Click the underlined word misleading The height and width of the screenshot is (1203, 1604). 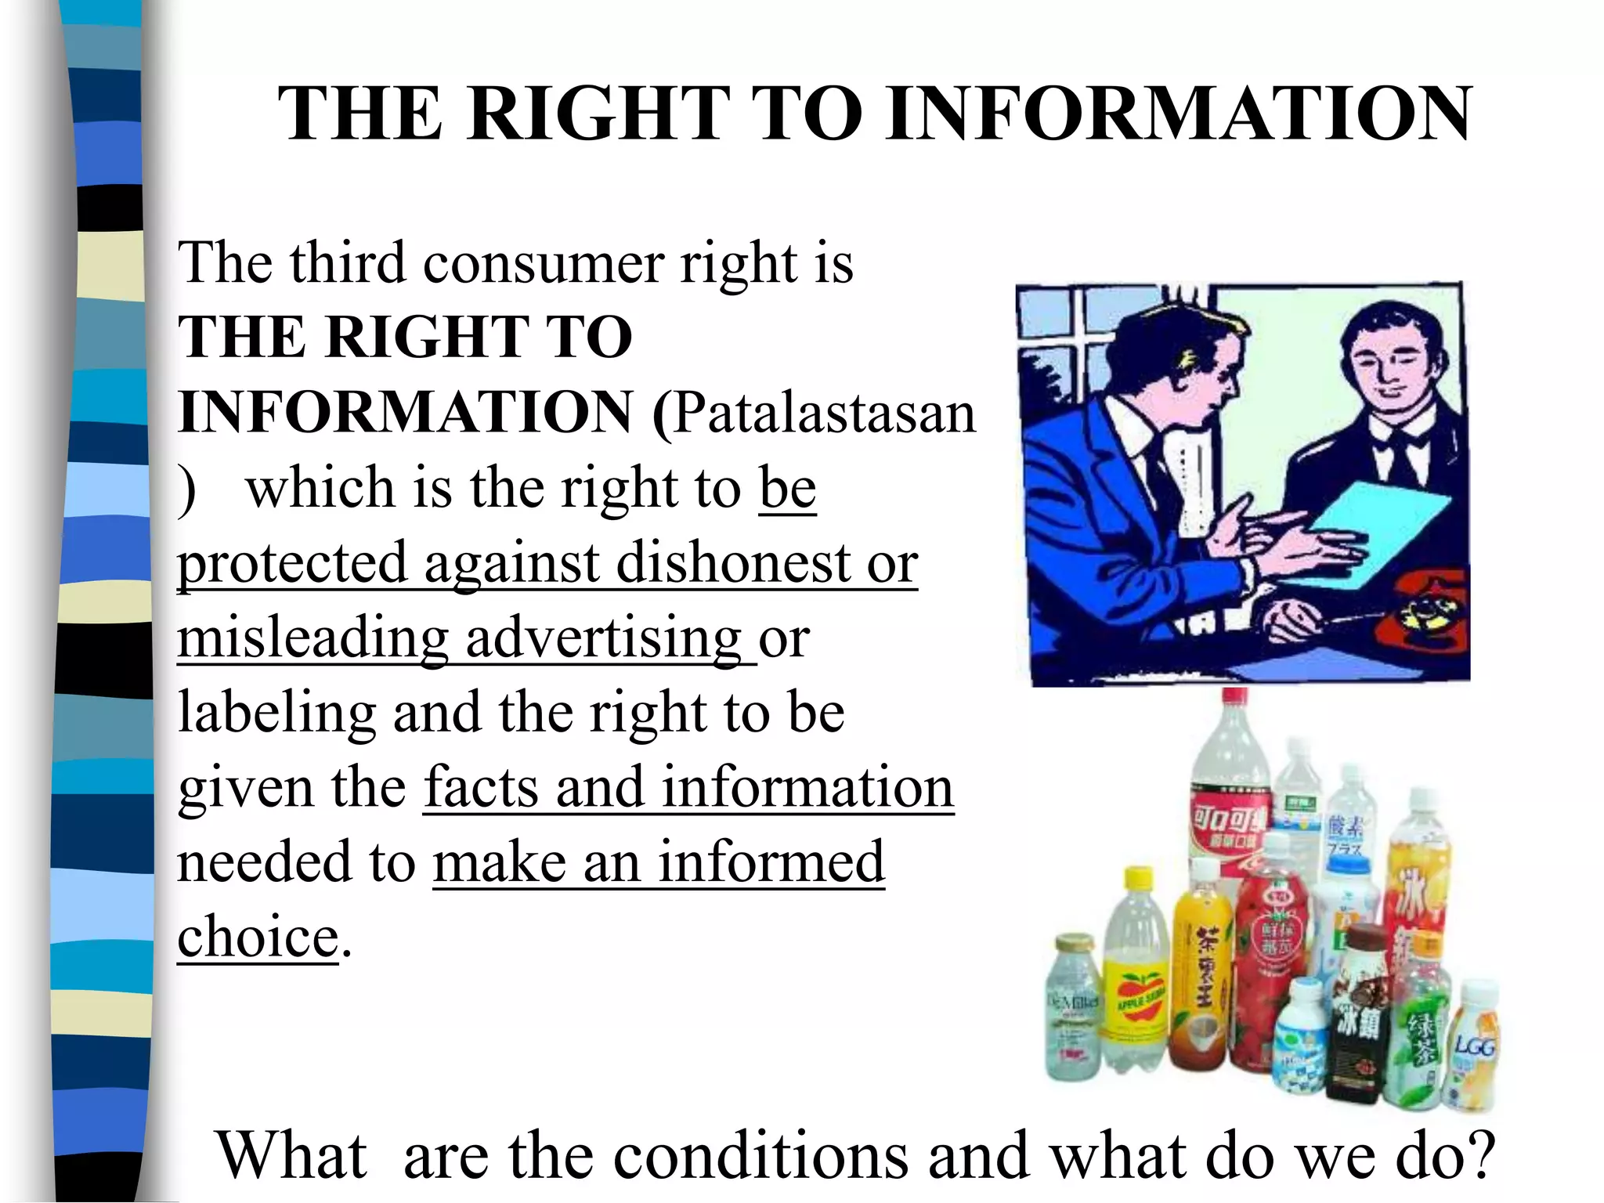click(x=312, y=638)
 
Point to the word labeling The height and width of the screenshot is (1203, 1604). click(x=276, y=713)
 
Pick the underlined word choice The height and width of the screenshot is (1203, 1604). click(x=258, y=937)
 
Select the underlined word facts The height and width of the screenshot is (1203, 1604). click(x=481, y=788)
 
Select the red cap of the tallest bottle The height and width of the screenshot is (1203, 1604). click(x=1235, y=698)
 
